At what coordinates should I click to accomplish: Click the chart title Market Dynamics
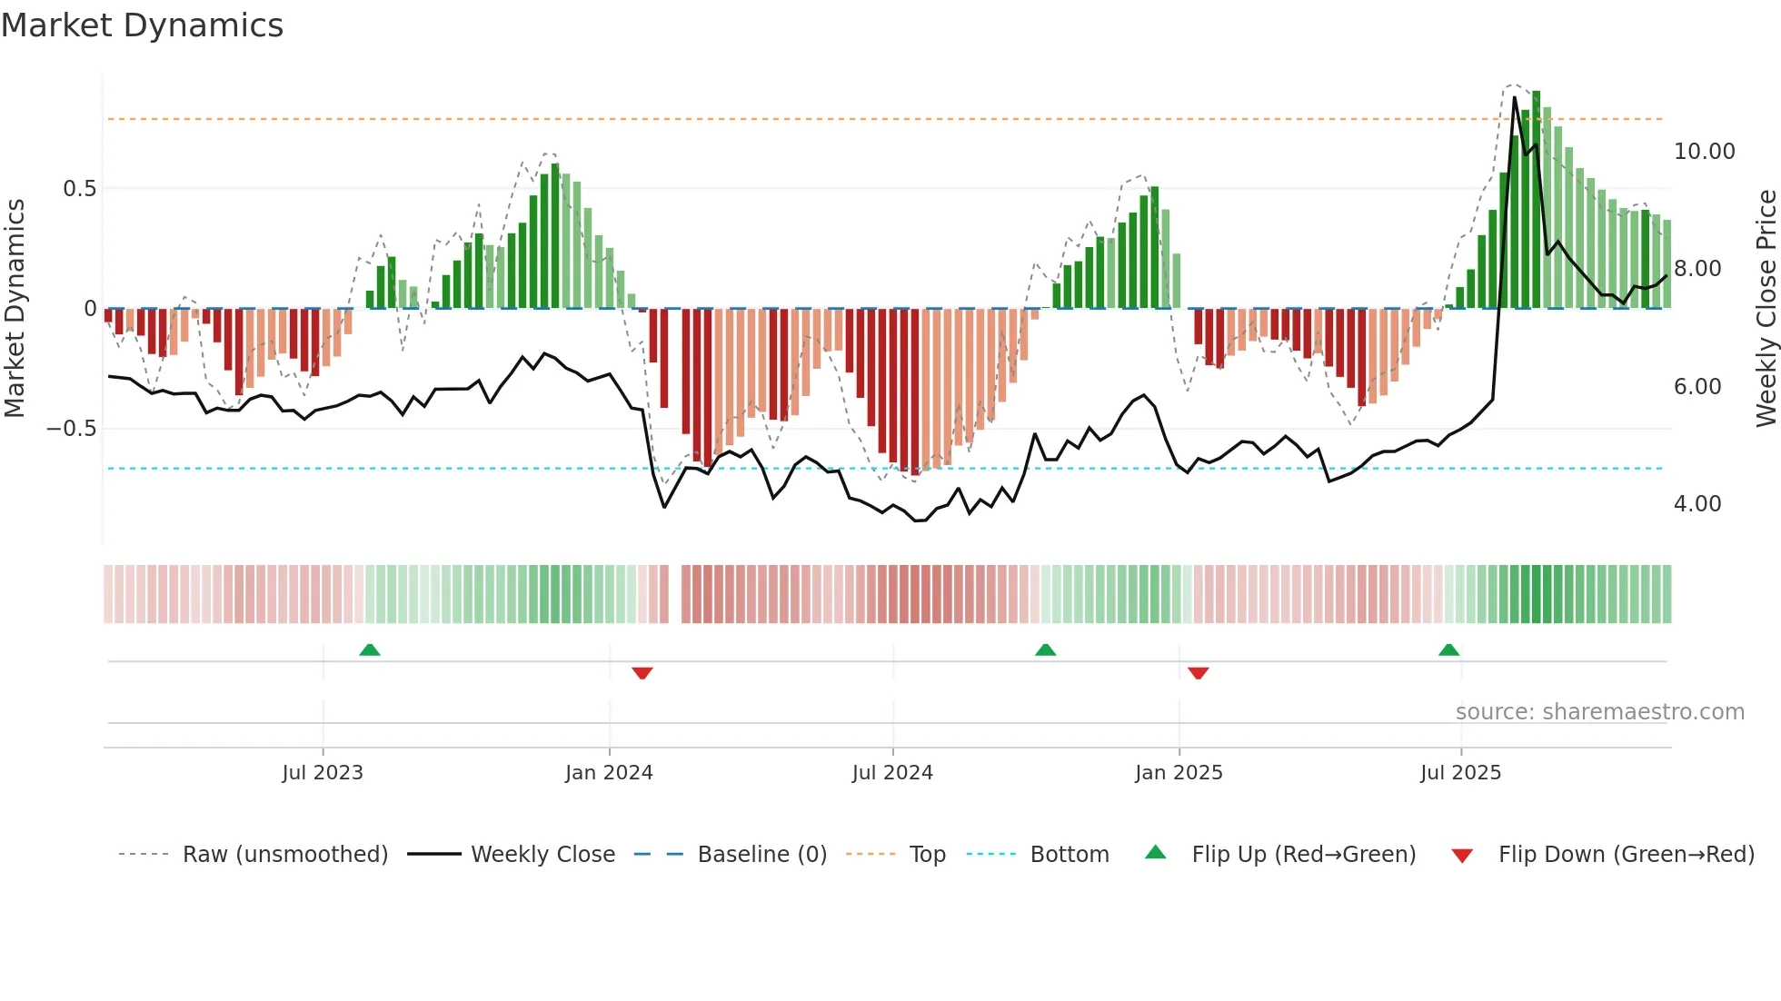[142, 25]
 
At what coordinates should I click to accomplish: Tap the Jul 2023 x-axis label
[323, 773]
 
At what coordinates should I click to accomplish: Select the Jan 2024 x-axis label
[609, 773]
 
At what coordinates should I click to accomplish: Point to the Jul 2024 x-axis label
[892, 773]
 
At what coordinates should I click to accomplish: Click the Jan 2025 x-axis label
[1179, 773]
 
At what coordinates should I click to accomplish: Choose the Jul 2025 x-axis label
[1461, 773]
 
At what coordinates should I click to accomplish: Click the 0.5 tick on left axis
[79, 189]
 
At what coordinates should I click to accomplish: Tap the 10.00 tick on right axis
[1704, 152]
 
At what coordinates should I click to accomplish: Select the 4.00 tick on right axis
[1697, 504]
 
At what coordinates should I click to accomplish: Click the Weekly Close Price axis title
[1766, 309]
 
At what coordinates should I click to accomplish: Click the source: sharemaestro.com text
[1599, 712]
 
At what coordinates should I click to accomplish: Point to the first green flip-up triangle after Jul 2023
[370, 650]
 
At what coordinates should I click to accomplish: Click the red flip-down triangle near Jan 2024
[642, 673]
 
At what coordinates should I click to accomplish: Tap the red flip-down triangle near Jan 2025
[1198, 673]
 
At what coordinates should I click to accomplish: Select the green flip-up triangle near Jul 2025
[1448, 650]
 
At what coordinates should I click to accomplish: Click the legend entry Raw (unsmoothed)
[284, 855]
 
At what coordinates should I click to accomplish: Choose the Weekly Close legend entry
[542, 855]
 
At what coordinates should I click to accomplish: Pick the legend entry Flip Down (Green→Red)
[1626, 855]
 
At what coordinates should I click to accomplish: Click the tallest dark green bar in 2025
[1536, 200]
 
